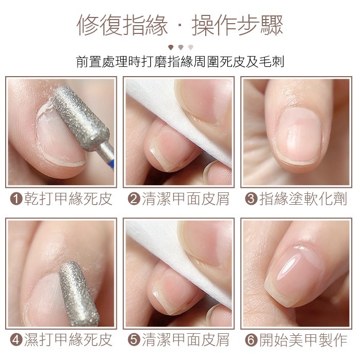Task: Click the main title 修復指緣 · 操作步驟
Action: [x=180, y=25]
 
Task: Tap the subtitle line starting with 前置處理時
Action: [x=180, y=62]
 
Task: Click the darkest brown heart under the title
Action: [x=170, y=47]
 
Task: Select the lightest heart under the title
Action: [x=190, y=47]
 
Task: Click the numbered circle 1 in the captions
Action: [x=15, y=199]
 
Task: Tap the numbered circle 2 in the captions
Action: [x=133, y=199]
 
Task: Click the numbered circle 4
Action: [x=15, y=340]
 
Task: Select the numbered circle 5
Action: [x=133, y=340]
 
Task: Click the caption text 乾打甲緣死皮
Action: [x=67, y=199]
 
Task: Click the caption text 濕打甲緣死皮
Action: [x=67, y=340]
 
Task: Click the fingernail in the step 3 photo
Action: [x=301, y=136]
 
